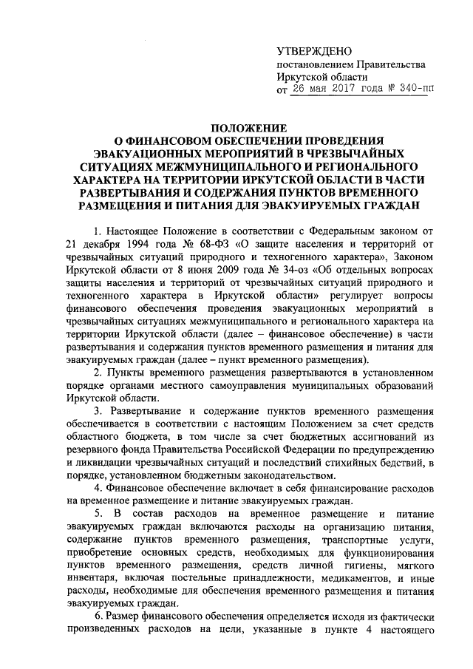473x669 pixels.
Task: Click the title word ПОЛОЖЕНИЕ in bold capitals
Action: tap(236, 126)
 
